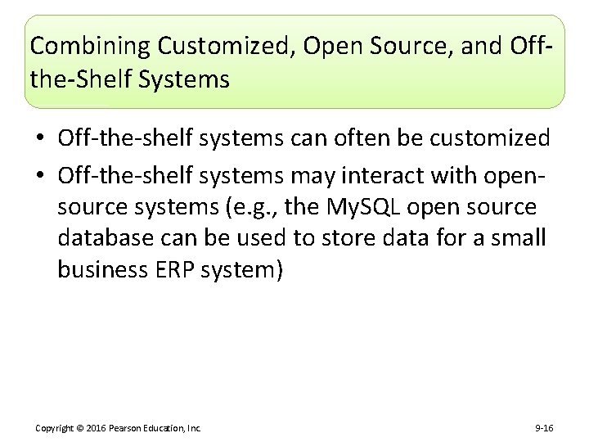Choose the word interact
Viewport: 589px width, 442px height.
click(384, 176)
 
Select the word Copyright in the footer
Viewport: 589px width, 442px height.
click(54, 428)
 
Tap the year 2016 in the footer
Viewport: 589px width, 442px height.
click(97, 428)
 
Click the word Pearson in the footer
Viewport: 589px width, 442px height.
click(125, 428)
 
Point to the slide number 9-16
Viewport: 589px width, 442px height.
click(544, 428)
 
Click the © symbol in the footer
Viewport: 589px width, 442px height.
click(80, 428)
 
